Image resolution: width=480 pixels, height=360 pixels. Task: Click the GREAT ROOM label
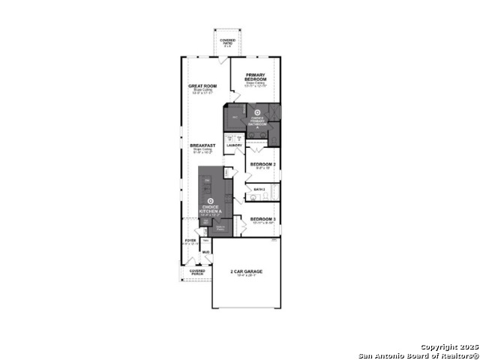(202, 86)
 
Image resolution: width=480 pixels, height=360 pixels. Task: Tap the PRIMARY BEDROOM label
(256, 77)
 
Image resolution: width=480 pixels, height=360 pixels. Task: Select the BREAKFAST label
(202, 145)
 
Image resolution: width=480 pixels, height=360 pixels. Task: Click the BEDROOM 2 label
(263, 163)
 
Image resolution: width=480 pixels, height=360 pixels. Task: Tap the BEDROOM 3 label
(263, 219)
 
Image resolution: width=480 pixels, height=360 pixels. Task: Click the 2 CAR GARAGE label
(245, 271)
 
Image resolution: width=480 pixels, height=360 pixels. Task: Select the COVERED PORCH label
(196, 272)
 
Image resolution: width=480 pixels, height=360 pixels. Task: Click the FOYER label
(190, 241)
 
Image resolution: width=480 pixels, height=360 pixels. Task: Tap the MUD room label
(205, 252)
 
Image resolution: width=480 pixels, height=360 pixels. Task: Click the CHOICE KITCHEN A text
(211, 208)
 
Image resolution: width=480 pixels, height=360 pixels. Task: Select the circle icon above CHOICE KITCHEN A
(211, 200)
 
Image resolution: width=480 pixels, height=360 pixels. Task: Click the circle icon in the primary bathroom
(257, 113)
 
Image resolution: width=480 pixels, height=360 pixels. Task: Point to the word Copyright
(437, 347)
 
